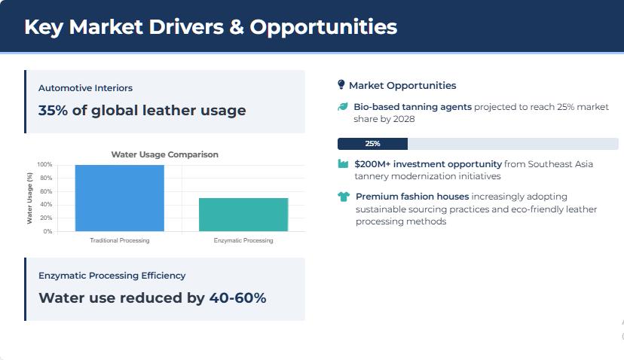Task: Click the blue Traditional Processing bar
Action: (119, 198)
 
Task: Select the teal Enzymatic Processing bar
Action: (243, 215)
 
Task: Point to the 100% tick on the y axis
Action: (44, 165)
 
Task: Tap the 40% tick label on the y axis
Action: (46, 204)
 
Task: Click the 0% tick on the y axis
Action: (47, 231)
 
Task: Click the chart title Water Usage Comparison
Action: (165, 154)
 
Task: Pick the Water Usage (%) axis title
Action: (29, 198)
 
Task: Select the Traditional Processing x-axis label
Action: (120, 240)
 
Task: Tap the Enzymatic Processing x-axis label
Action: (243, 240)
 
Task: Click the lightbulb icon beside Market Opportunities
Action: (341, 85)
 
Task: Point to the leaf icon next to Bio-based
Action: (343, 107)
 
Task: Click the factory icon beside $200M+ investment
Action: (343, 164)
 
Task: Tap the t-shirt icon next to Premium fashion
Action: (344, 197)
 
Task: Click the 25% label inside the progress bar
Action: (372, 144)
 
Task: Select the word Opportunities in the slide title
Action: (323, 27)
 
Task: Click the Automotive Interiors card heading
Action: (86, 88)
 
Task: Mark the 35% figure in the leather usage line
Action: (53, 110)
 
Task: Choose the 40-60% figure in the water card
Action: (237, 298)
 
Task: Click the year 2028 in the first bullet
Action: (404, 119)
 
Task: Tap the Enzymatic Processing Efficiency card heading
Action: (112, 275)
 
